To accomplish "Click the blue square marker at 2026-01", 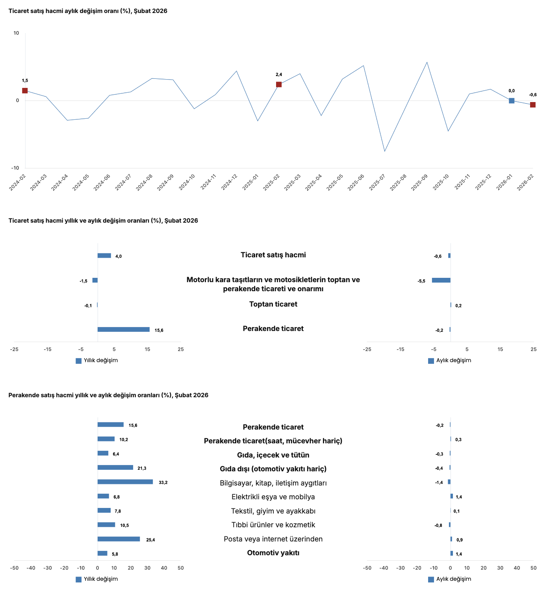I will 512,100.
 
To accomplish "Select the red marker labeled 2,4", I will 279,84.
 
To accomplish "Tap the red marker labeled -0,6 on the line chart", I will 533,105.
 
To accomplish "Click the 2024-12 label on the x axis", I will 229,182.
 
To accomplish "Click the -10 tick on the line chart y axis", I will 15,168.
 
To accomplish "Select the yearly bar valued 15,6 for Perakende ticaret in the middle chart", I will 124,329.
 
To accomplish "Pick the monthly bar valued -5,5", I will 441,280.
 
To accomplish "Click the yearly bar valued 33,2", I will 125,482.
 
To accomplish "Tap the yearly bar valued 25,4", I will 119,539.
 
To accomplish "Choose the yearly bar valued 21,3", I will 115,468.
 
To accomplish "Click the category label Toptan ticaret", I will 273,304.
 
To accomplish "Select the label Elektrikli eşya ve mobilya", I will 273,497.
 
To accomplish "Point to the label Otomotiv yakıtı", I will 273,553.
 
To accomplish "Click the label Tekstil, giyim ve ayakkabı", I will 273,511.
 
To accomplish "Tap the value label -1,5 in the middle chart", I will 83,281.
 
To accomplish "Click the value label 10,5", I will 124,525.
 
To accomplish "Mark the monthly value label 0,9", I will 460,540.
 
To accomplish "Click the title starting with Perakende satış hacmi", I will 108,395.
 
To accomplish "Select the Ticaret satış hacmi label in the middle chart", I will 273,255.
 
